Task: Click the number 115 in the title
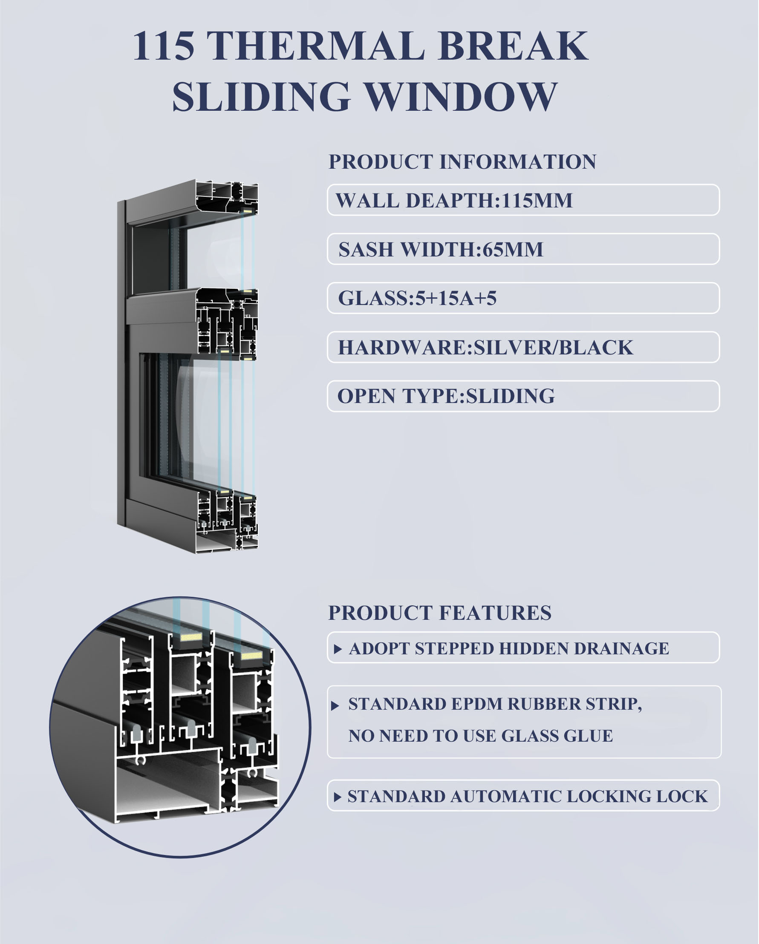163,46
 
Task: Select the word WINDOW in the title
461,97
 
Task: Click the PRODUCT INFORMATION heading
462,162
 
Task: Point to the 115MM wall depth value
537,201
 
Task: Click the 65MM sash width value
512,250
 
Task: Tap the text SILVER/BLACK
554,348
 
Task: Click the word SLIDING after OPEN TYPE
510,396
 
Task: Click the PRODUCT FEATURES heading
440,613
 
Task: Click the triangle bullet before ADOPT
338,649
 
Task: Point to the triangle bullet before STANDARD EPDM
335,706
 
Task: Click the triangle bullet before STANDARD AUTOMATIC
338,797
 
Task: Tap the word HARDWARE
402,348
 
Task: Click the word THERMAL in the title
316,46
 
